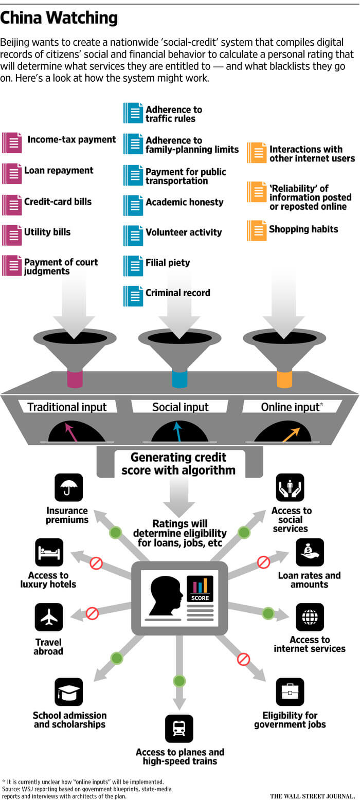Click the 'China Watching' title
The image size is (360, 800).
coord(59,18)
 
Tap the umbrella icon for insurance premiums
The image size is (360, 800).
coord(68,487)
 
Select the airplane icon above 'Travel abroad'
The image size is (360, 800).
coord(49,617)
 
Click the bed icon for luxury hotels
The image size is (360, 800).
coord(49,552)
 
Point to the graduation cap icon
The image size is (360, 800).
coord(68,692)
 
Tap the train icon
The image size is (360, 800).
coord(179,729)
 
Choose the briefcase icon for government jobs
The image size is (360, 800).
coord(290,692)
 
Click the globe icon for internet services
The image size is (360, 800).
coord(310,617)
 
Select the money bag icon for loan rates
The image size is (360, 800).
coord(310,552)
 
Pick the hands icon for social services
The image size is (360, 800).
coord(290,487)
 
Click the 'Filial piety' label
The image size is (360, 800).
coord(168,263)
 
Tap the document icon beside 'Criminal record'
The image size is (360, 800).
coord(133,296)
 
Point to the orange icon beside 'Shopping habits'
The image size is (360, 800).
coord(257,230)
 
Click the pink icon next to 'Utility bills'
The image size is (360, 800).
coord(12,235)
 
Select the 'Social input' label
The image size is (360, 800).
coord(180,407)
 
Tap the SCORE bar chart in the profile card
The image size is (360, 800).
coord(200,588)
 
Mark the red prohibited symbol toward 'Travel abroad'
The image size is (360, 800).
coord(92,613)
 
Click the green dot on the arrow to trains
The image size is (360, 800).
coord(179,681)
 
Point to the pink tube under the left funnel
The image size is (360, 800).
coord(75,378)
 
